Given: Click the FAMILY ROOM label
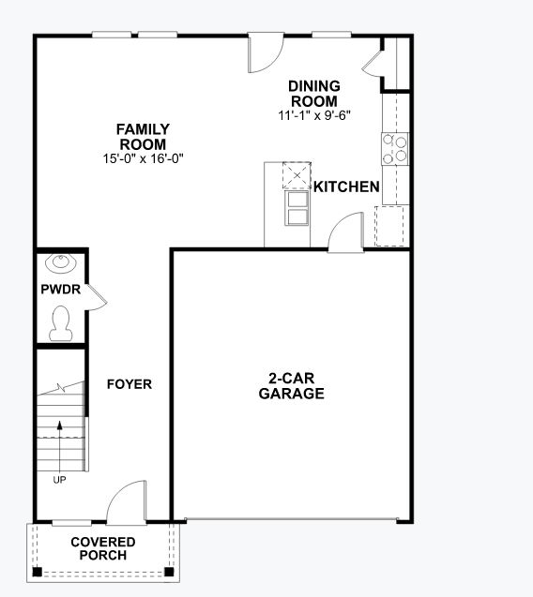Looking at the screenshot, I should pyautogui.click(x=143, y=137).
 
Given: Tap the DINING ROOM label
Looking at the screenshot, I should pyautogui.click(x=314, y=94).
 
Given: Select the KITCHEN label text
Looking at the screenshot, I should pyautogui.click(x=346, y=187).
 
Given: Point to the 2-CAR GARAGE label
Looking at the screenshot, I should pyautogui.click(x=291, y=386).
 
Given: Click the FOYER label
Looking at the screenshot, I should pyautogui.click(x=129, y=384).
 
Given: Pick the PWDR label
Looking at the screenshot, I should pyautogui.click(x=60, y=291).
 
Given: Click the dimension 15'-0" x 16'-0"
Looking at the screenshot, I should pyautogui.click(x=143, y=158).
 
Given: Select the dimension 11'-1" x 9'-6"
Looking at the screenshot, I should pyautogui.click(x=314, y=116).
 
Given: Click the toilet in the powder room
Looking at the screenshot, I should pyautogui.click(x=62, y=322).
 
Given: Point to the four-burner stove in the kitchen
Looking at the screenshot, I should pyautogui.click(x=395, y=147).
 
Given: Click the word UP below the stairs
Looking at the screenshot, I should pyautogui.click(x=59, y=480).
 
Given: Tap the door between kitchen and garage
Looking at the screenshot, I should pyautogui.click(x=345, y=232).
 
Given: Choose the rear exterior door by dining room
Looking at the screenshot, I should pyautogui.click(x=265, y=53).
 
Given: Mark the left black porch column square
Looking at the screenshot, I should pyautogui.click(x=37, y=571).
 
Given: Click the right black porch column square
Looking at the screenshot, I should pyautogui.click(x=169, y=571).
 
